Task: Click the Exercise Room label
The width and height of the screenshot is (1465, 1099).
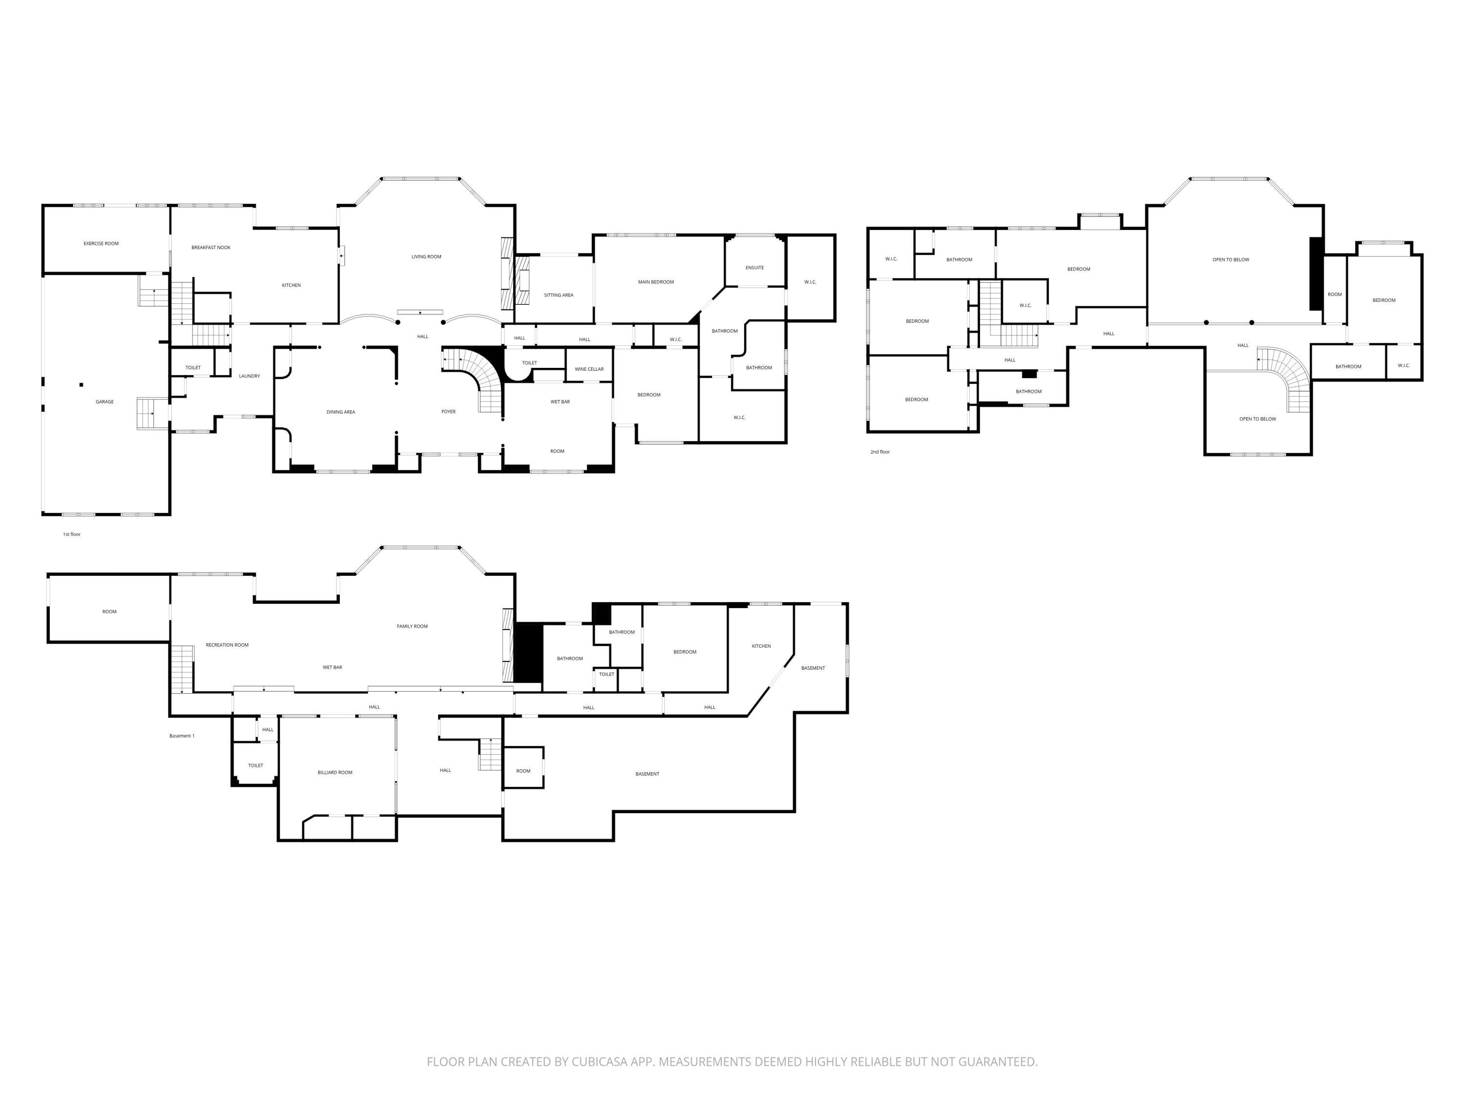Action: pos(102,244)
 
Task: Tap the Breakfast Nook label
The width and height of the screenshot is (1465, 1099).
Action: pos(210,248)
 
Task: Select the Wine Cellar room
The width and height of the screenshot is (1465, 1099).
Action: pos(589,369)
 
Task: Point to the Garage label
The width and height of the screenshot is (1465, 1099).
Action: pos(105,402)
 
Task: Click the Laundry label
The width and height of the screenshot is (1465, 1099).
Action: pos(249,376)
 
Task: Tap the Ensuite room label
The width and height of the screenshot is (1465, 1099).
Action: pos(754,268)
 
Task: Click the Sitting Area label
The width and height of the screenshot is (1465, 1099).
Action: pos(558,296)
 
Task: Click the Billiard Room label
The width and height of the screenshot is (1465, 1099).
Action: pos(335,772)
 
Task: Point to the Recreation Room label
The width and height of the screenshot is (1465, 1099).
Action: pos(227,645)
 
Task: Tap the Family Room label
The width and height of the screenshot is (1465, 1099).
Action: pos(412,627)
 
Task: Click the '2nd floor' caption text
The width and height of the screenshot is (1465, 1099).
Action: pos(880,452)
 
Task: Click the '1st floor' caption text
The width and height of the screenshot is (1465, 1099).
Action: pos(71,534)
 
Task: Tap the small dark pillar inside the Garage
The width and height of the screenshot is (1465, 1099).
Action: pos(82,385)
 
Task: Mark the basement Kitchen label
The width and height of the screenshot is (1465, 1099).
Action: pos(761,646)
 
